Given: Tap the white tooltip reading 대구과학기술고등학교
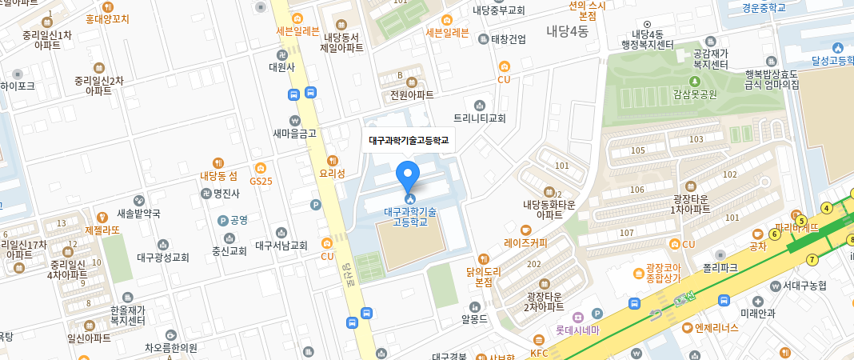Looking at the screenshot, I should click(409, 140).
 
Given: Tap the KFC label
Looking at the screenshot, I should click(539, 351).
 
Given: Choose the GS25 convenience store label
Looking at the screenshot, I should click(261, 181).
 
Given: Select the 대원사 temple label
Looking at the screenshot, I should click(281, 67).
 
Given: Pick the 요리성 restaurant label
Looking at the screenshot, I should click(332, 172).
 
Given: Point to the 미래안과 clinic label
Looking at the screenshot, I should click(758, 313).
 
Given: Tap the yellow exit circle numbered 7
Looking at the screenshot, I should click(812, 259).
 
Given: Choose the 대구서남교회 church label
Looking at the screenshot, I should click(281, 246).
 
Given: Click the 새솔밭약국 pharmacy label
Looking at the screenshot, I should click(138, 214).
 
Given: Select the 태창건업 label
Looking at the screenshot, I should click(507, 38).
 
